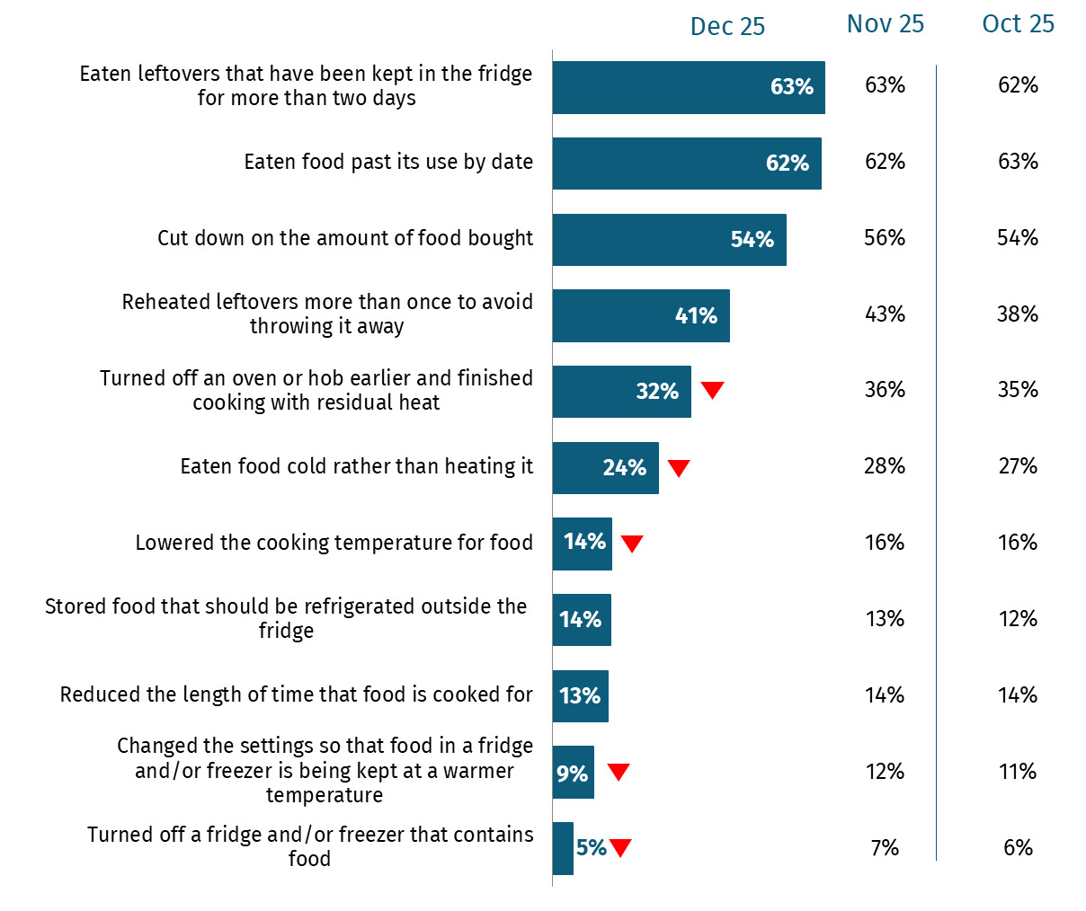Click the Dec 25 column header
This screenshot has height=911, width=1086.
click(x=726, y=27)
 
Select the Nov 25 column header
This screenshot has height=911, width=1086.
click(x=885, y=24)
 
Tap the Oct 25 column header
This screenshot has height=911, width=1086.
click(x=1018, y=24)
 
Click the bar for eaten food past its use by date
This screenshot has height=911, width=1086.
click(x=686, y=164)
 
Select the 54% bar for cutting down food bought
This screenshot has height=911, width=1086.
click(x=669, y=240)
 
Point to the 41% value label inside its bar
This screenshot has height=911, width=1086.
click(x=696, y=315)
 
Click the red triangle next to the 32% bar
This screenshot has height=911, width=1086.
click(x=713, y=390)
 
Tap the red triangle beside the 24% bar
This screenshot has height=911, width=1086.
click(x=679, y=467)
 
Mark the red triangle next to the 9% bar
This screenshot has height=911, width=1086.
click(x=619, y=772)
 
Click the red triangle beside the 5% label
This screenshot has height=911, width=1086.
click(x=620, y=847)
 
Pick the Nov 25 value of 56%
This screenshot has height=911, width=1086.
click(x=885, y=238)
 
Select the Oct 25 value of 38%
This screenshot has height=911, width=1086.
click(x=1018, y=314)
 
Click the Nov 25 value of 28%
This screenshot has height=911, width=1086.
click(x=885, y=466)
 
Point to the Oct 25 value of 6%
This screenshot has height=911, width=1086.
click(x=1018, y=848)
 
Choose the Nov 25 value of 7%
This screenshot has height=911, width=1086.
click(x=885, y=848)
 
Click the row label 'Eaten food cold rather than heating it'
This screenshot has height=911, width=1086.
click(x=356, y=466)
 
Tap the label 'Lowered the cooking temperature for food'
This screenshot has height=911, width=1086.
click(x=334, y=543)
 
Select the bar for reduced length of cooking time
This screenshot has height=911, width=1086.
click(x=580, y=696)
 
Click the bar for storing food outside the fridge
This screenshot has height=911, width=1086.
click(x=581, y=620)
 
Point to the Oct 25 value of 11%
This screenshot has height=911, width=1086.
click(x=1018, y=772)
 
